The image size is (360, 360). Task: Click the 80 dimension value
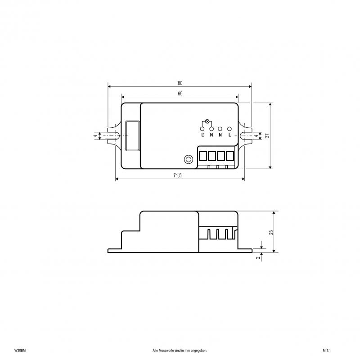180,83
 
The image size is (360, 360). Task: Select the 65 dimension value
180,94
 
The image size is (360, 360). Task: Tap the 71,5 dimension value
177,175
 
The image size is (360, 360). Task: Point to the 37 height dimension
267,136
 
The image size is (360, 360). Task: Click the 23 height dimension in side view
271,232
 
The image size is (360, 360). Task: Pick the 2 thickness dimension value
259,257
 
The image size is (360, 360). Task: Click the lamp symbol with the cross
207,121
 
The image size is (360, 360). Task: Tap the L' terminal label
202,135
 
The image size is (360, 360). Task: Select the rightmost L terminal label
229,135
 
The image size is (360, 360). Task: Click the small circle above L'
202,129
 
